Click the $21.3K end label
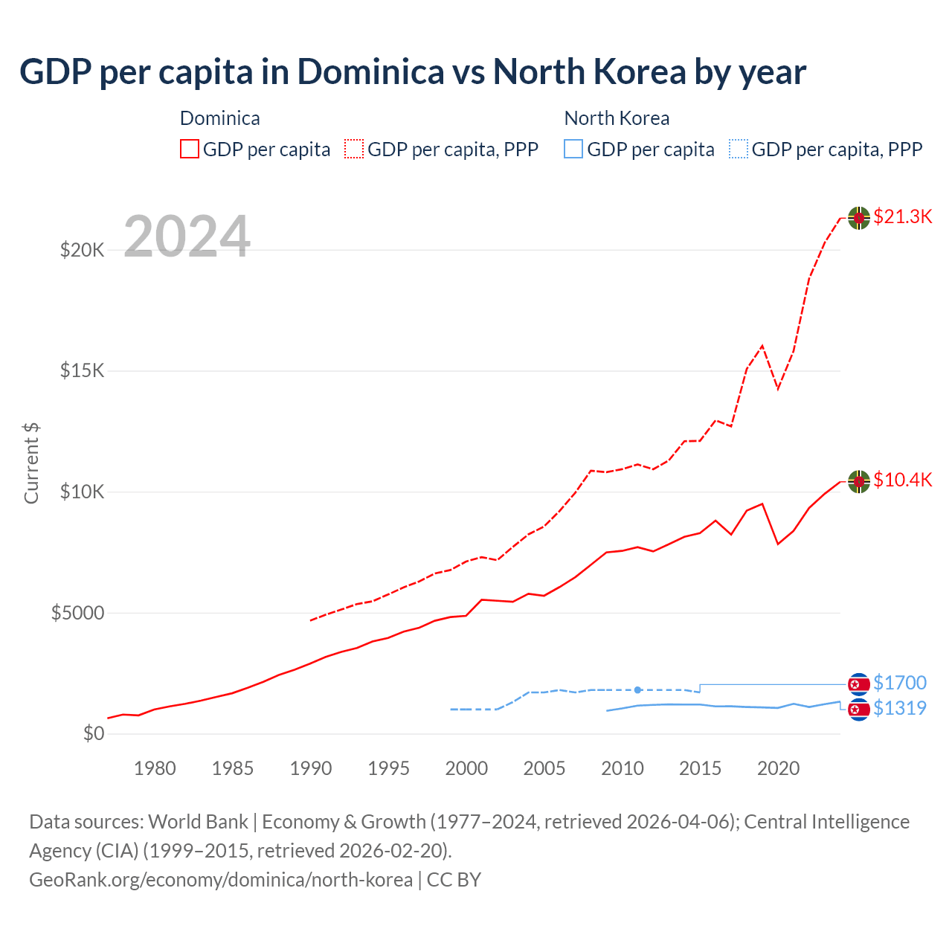click(902, 216)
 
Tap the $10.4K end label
click(902, 480)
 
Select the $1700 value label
click(900, 683)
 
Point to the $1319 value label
click(900, 708)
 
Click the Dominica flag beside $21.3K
click(859, 218)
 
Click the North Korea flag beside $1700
click(859, 684)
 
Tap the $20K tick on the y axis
click(83, 250)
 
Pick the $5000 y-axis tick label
click(78, 613)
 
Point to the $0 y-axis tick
click(94, 734)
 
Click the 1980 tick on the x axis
click(155, 768)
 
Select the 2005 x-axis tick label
click(544, 768)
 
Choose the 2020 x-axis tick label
click(778, 768)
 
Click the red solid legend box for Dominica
click(190, 149)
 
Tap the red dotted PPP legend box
click(354, 149)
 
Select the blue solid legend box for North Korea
click(573, 149)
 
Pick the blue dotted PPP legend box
click(739, 149)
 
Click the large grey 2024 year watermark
click(187, 237)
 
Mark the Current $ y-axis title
click(31, 463)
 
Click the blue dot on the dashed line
click(638, 690)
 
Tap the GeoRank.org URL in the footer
click(221, 880)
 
